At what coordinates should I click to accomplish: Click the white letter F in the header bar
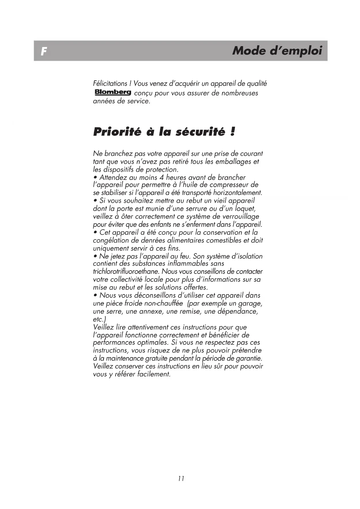tap(44, 52)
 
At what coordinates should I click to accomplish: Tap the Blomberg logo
tap(113, 92)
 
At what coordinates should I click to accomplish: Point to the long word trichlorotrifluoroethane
tap(126, 272)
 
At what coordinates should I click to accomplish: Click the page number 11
tap(181, 479)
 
